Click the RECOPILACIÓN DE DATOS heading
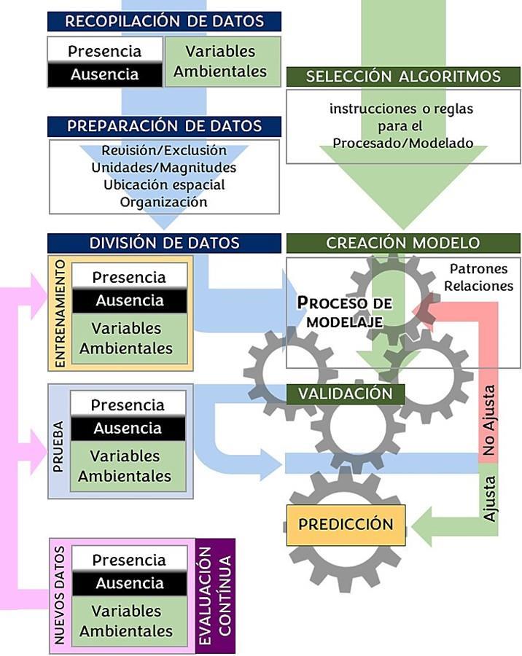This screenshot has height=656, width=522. click(x=164, y=21)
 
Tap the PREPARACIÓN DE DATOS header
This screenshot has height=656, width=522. click(x=164, y=126)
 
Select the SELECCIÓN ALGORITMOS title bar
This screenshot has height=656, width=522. click(x=403, y=77)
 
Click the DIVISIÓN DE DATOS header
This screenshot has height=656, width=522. click(x=164, y=243)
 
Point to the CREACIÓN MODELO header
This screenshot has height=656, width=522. click(x=403, y=243)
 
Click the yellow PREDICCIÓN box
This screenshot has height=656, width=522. click(x=346, y=524)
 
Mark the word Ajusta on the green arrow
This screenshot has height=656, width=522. click(x=490, y=498)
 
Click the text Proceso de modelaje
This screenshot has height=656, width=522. click(x=344, y=311)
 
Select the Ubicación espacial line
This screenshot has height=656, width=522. click(x=164, y=184)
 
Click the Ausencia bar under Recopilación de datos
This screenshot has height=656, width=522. click(x=104, y=74)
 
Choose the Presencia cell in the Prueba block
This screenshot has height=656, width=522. click(x=128, y=405)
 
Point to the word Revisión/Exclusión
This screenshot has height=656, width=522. click(x=164, y=151)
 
